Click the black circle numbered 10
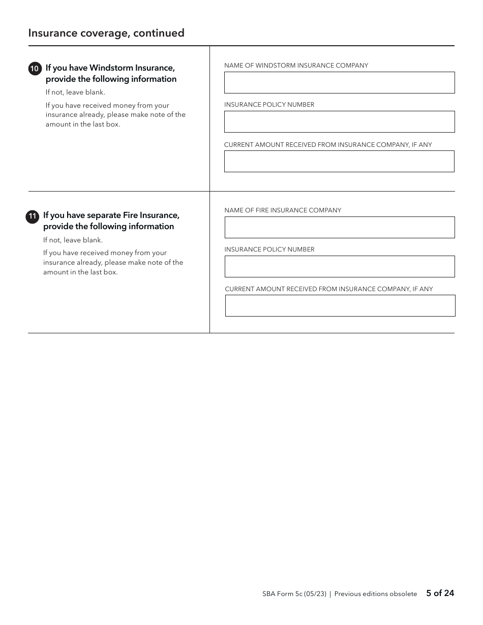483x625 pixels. click(x=35, y=69)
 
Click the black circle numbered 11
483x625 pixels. click(x=32, y=216)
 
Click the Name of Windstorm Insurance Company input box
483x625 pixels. click(x=339, y=82)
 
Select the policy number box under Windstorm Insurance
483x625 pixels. click(x=339, y=122)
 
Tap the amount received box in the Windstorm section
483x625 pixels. click(x=339, y=162)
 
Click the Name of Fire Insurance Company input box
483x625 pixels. click(x=339, y=228)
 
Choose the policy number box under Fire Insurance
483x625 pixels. click(x=339, y=266)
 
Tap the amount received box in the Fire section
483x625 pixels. click(x=340, y=306)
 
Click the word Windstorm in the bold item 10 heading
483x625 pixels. click(x=111, y=68)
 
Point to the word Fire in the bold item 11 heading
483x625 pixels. click(x=131, y=215)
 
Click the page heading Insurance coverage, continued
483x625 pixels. click(x=106, y=33)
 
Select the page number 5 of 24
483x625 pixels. click(x=440, y=593)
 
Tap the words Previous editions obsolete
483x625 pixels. click(x=375, y=593)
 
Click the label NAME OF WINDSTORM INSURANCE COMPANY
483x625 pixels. click(x=296, y=66)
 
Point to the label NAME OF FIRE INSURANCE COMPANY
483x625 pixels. click(x=283, y=210)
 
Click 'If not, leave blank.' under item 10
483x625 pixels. click(x=75, y=92)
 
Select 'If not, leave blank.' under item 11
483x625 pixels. click(x=73, y=240)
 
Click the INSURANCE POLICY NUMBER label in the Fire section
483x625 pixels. click(x=269, y=249)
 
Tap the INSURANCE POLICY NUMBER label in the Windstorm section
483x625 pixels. click(x=269, y=105)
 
